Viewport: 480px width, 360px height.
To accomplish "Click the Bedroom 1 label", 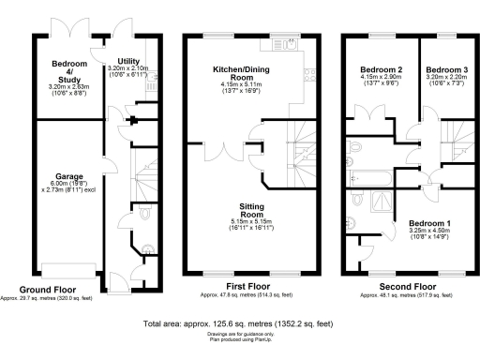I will coord(423,223).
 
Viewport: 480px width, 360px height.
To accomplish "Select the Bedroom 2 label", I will coord(380,70).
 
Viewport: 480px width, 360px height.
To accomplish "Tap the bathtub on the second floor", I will coord(378,175).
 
